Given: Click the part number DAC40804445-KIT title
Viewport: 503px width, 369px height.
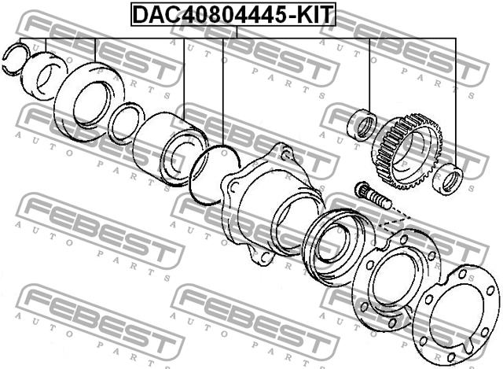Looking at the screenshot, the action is pos(233,14).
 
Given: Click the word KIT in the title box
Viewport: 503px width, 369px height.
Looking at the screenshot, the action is pos(314,14).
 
